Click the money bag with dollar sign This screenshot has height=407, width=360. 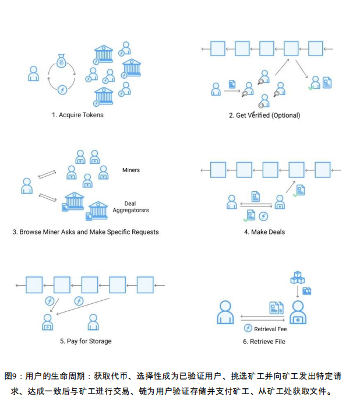(61, 61)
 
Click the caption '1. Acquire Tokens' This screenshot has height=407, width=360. (77, 115)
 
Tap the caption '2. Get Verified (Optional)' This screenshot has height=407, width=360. (264, 115)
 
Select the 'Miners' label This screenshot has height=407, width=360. (131, 170)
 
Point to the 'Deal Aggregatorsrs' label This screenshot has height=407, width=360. (130, 207)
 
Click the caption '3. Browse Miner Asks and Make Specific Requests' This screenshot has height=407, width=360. (86, 232)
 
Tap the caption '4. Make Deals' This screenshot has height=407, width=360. (264, 232)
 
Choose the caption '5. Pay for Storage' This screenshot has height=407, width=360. (86, 341)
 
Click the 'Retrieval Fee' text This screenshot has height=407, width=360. (270, 329)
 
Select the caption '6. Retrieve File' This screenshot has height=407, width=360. (264, 342)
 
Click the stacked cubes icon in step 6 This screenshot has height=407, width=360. (298, 278)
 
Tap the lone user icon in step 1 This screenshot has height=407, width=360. (33, 73)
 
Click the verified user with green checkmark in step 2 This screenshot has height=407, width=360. (315, 83)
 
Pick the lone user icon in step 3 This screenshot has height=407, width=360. (27, 186)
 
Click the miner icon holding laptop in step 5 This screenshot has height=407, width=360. (47, 322)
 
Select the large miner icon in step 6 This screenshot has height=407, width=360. (298, 313)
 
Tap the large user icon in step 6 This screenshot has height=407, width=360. (225, 313)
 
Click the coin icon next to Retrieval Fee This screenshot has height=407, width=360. (248, 328)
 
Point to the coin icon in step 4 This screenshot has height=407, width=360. (263, 216)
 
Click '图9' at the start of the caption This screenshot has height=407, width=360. (10, 376)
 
